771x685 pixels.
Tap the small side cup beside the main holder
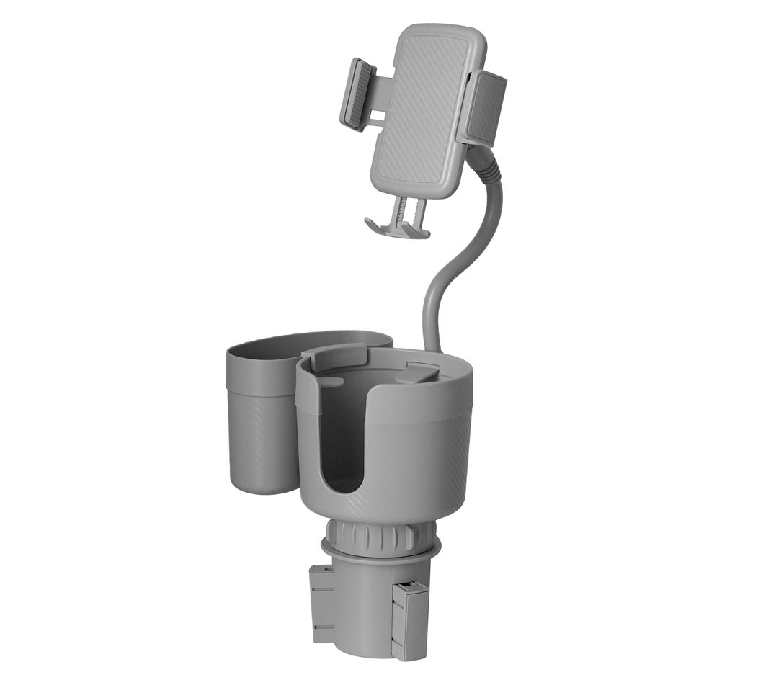(x=259, y=425)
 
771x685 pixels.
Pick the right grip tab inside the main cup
(x=418, y=372)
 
